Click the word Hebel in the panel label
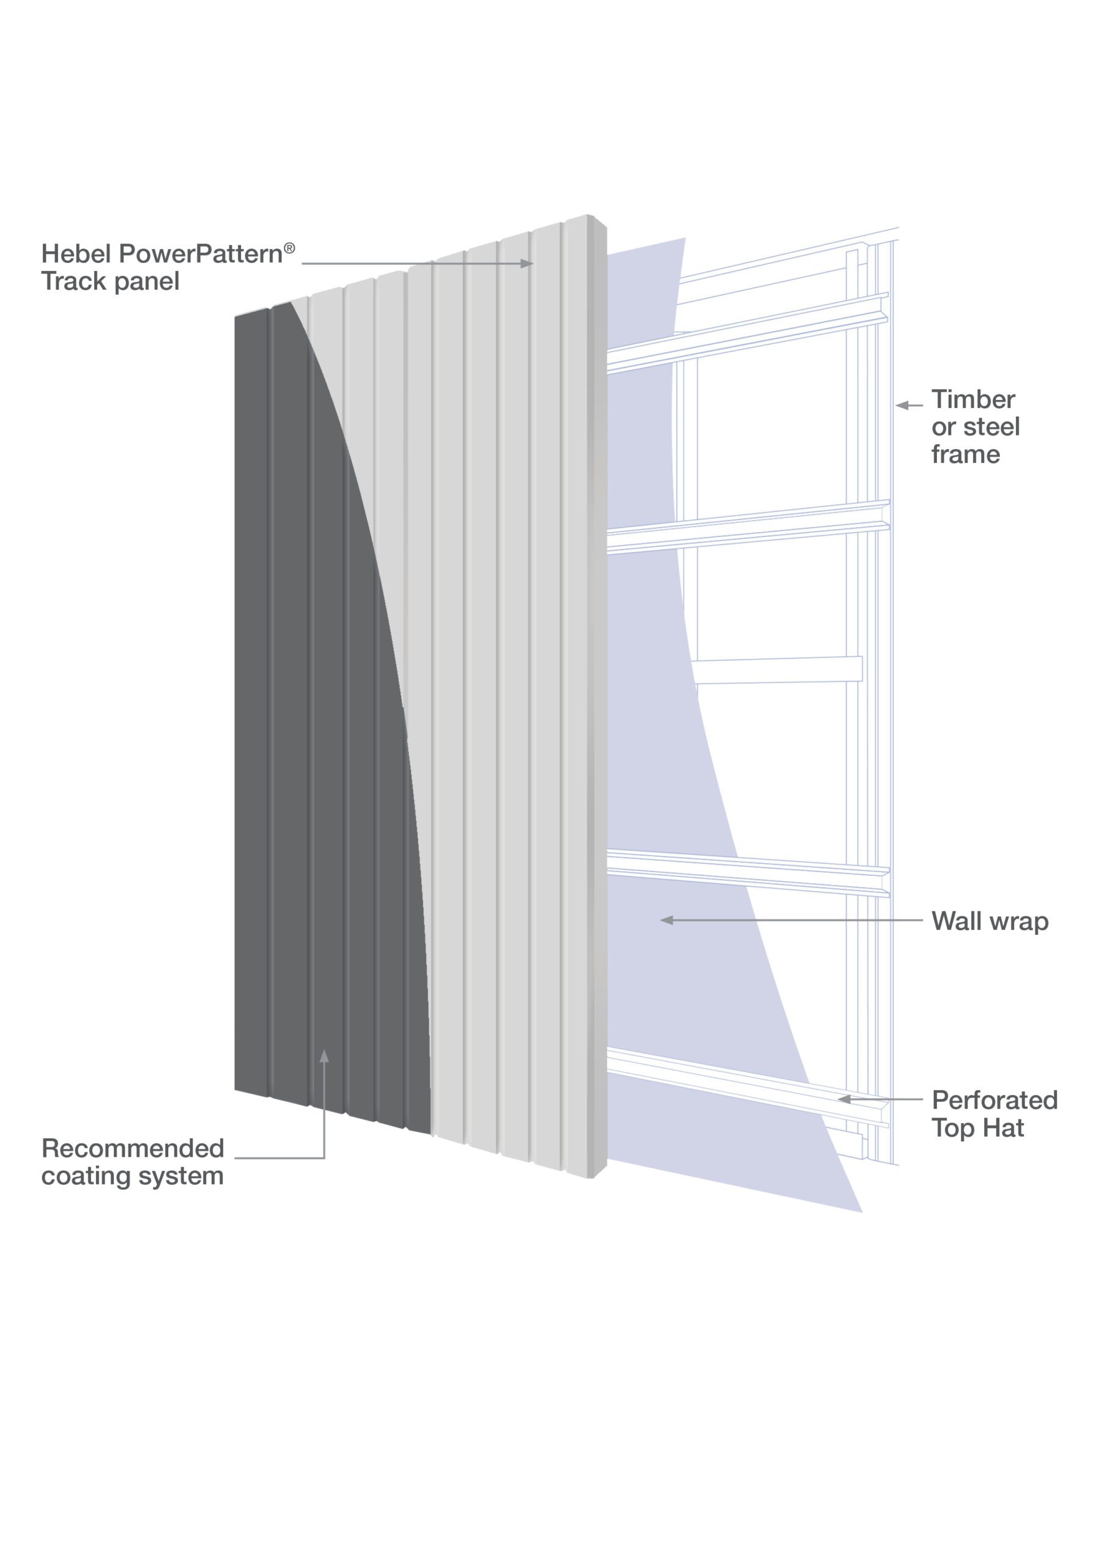pyautogui.click(x=76, y=254)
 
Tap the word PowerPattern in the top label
pyautogui.click(x=201, y=254)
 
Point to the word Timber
pyautogui.click(x=973, y=399)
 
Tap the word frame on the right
pyautogui.click(x=966, y=455)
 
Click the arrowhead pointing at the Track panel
pyautogui.click(x=527, y=263)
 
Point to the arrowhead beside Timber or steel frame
pyautogui.click(x=902, y=405)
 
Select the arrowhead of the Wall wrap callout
pyautogui.click(x=667, y=920)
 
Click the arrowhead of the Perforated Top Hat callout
pyautogui.click(x=845, y=1099)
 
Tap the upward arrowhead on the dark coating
pyautogui.click(x=325, y=1056)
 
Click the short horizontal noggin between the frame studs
pyautogui.click(x=777, y=670)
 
